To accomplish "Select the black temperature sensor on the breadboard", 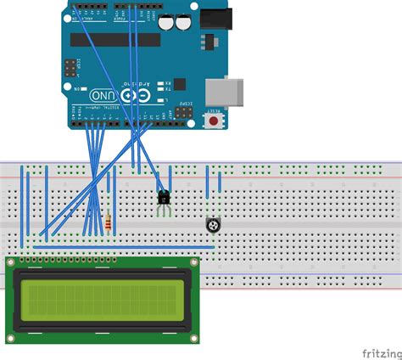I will pos(164,197).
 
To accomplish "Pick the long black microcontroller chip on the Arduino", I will pos(114,39).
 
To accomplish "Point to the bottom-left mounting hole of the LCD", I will pos(11,337).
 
